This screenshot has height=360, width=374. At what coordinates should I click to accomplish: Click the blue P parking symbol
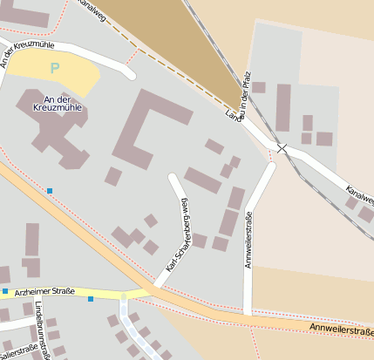pyautogui.click(x=55, y=67)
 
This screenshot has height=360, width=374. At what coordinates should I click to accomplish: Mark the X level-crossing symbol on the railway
pyautogui.click(x=282, y=148)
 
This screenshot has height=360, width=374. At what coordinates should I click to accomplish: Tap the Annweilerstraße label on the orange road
pyautogui.click(x=343, y=329)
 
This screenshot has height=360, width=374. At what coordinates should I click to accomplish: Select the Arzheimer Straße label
pyautogui.click(x=44, y=291)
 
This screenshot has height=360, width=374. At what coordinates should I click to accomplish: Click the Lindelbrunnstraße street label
pyautogui.click(x=40, y=329)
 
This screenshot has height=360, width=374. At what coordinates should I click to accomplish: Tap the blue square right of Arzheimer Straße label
pyautogui.click(x=91, y=299)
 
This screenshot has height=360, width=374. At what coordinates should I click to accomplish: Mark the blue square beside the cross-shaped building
pyautogui.click(x=50, y=190)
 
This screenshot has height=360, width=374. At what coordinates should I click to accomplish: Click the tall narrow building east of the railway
pyautogui.click(x=283, y=107)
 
